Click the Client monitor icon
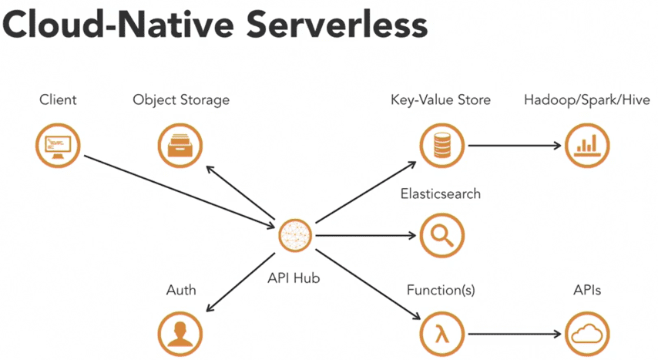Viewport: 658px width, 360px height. tap(59, 144)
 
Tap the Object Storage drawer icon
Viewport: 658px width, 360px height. tap(180, 144)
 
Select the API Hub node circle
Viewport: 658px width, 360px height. tap(297, 236)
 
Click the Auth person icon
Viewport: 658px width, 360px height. tap(180, 331)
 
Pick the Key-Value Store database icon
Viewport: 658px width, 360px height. tap(441, 144)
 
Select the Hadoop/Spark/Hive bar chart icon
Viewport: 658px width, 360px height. tap(587, 144)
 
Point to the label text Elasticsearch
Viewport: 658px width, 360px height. tap(440, 194)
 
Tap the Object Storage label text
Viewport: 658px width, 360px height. tap(181, 100)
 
